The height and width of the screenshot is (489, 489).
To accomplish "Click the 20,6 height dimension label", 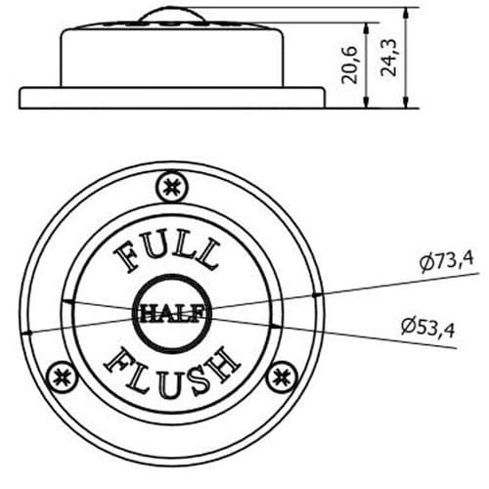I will [x=349, y=64].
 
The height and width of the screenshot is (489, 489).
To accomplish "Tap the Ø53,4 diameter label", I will [x=427, y=326].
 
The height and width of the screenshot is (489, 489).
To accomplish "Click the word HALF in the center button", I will [x=173, y=313].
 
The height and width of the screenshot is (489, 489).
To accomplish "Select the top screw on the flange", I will [x=173, y=184].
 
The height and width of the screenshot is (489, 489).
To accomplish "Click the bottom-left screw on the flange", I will [x=64, y=374].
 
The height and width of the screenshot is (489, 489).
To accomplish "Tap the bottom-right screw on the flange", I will [x=283, y=374].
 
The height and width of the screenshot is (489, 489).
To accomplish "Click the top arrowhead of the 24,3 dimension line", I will [x=405, y=12].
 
